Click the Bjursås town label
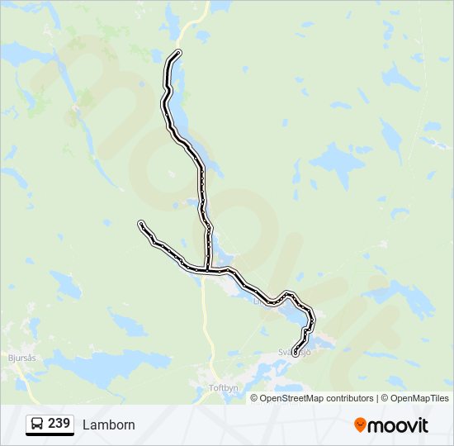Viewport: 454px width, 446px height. pos(21,358)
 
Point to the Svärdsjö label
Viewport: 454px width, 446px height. pos(295,352)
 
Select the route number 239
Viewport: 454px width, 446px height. pos(59,424)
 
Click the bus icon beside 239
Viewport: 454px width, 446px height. pos(37,425)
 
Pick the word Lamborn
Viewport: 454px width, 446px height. pos(109,425)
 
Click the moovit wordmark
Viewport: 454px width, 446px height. pos(399,425)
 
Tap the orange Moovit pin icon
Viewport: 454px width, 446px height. pos(360,425)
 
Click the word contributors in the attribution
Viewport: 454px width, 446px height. pos(350,398)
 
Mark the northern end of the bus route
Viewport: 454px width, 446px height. pos(178,54)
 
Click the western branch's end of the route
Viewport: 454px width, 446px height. pos(141,224)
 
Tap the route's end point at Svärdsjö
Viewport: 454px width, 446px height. pos(296,353)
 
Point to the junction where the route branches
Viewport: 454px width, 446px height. pos(206,269)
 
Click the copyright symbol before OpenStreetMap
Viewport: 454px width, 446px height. pos(255,398)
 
